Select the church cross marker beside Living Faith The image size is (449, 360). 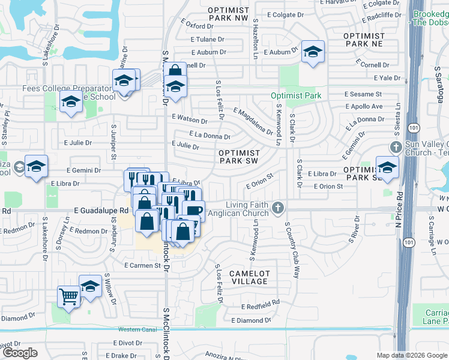(277, 208)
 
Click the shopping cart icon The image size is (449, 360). (68, 296)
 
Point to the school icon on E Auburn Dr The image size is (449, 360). (312, 52)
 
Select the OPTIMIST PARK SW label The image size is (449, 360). (239, 157)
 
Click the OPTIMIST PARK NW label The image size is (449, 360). (228, 14)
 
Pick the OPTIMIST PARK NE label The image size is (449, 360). (363, 40)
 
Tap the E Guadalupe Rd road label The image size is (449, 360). (101, 211)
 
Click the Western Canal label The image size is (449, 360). (137, 329)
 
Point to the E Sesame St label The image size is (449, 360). (363, 94)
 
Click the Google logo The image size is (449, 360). (20, 353)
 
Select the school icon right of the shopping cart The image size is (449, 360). (91, 285)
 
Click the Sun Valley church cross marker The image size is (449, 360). (396, 147)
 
